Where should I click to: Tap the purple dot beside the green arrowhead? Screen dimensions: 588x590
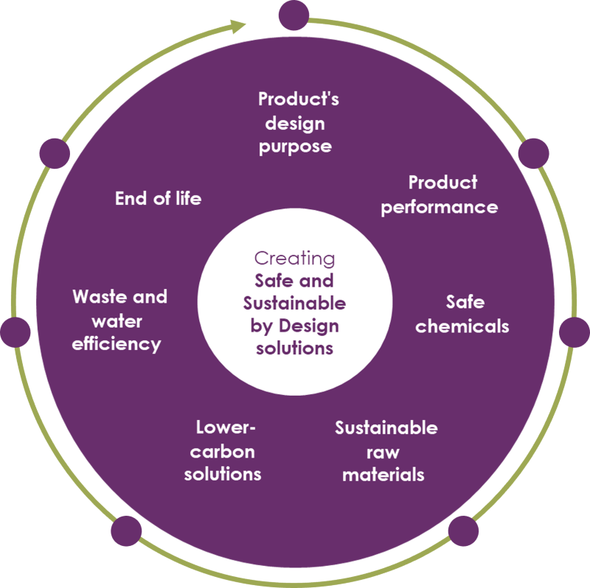tap(294, 15)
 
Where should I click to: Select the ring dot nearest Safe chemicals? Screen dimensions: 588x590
tap(574, 332)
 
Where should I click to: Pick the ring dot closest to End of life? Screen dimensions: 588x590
tap(54, 153)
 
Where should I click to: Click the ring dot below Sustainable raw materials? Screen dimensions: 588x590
tap(463, 531)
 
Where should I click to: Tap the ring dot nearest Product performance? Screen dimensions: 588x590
tap(534, 153)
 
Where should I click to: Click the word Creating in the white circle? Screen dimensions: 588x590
tap(294, 258)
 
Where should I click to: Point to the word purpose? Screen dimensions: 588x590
tap(295, 146)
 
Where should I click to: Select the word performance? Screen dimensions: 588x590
tap(439, 207)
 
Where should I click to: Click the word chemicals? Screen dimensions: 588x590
tap(462, 326)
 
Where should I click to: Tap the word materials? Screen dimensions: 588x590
tap(383, 474)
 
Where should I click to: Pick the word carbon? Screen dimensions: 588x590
tap(223, 451)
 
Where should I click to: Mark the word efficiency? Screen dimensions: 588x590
tap(117, 343)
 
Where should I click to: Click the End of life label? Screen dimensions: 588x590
tap(158, 198)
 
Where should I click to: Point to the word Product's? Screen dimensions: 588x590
tap(298, 99)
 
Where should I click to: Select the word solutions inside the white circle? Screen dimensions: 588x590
tap(294, 347)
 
